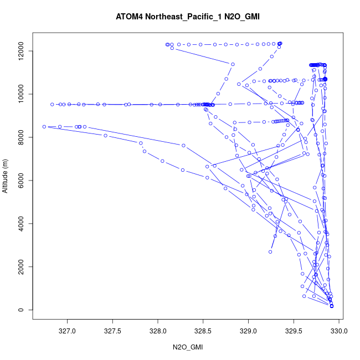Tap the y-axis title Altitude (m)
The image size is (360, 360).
click(6, 174)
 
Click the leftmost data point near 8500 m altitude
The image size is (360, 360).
click(44, 126)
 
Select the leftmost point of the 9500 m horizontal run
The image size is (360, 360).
click(52, 104)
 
